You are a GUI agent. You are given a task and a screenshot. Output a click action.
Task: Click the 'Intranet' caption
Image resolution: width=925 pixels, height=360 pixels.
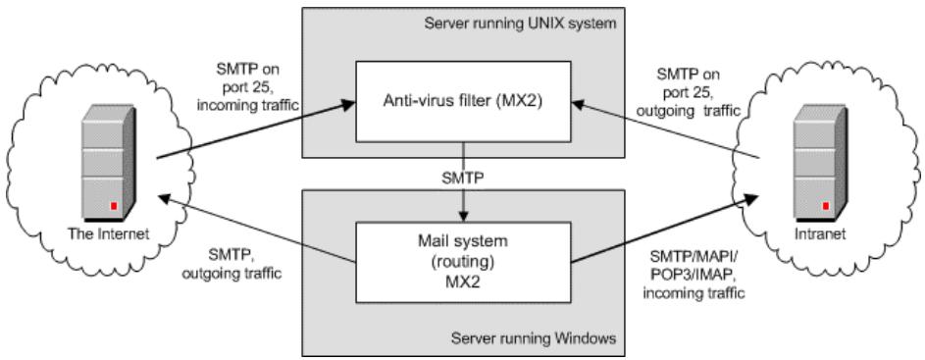(x=807, y=236)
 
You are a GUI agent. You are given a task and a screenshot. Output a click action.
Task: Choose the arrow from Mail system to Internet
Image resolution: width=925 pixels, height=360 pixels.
(x=255, y=228)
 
